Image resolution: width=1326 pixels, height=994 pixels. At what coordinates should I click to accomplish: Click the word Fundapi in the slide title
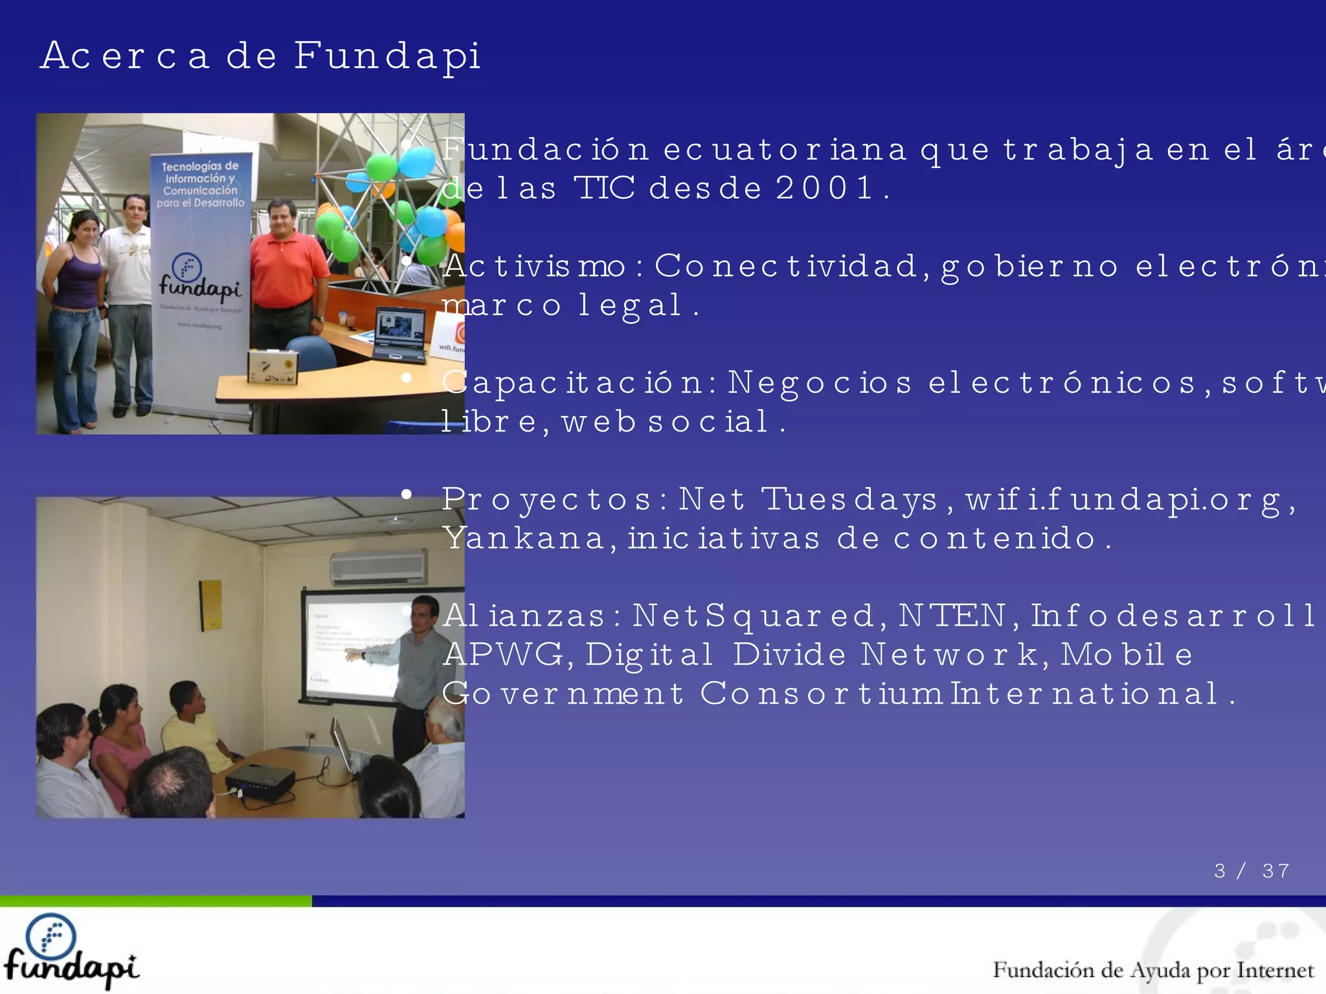point(387,56)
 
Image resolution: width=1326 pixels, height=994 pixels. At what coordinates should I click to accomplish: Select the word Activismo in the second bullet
point(535,266)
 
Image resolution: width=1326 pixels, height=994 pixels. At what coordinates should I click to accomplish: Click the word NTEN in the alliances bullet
point(952,615)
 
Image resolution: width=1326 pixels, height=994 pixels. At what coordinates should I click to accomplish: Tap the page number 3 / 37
point(1251,870)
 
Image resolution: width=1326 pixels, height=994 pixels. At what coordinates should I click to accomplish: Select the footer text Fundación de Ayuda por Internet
point(1152,970)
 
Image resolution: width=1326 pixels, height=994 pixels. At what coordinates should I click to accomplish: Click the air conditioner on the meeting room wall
point(378,566)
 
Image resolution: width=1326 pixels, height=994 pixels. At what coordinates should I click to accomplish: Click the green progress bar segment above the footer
point(155,901)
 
